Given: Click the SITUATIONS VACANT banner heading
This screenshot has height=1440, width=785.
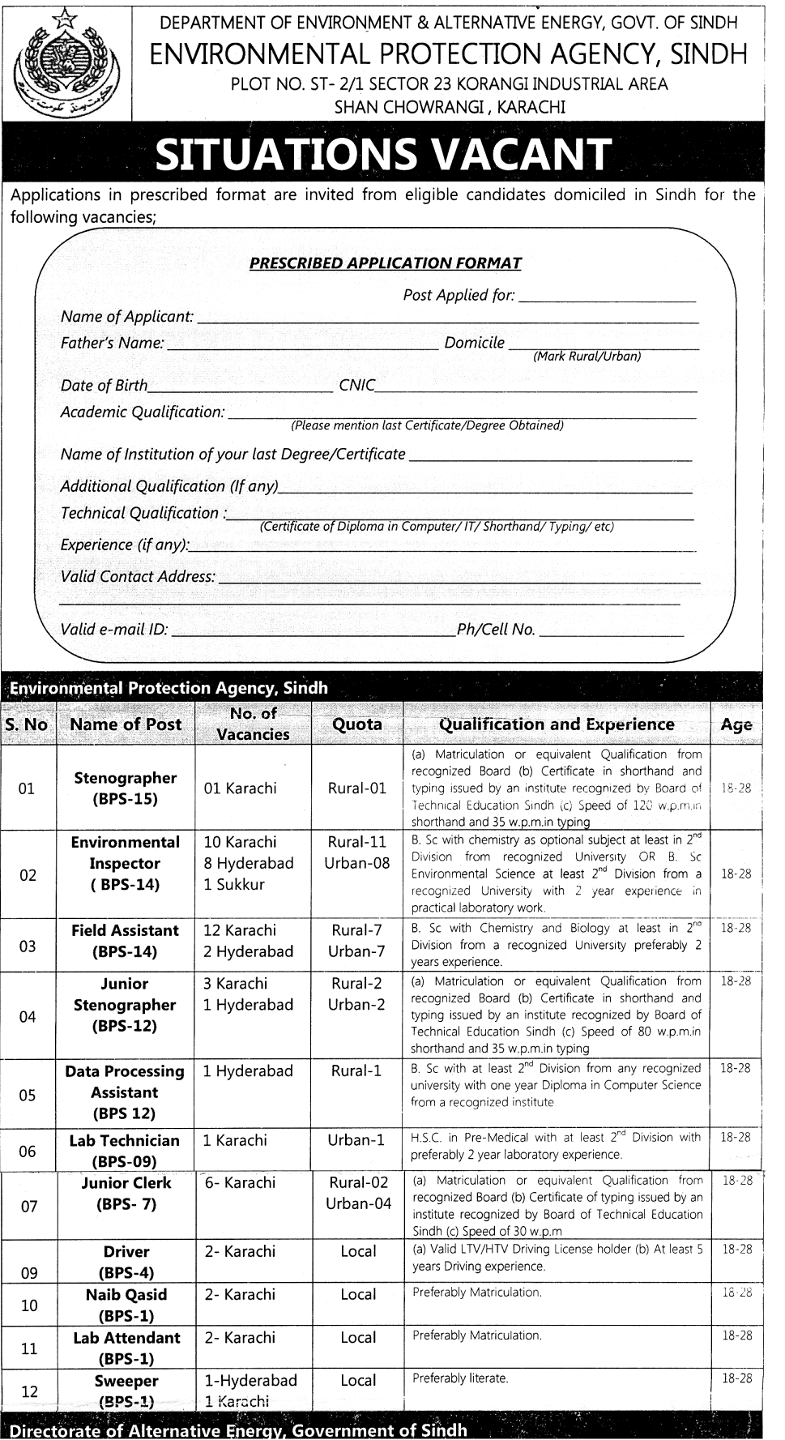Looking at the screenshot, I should (x=383, y=155).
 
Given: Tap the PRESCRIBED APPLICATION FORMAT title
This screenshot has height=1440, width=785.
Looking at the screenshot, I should (x=385, y=263).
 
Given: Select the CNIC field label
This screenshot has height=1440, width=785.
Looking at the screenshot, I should (x=356, y=386).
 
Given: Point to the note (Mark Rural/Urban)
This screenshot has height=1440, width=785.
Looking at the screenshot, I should (x=587, y=356).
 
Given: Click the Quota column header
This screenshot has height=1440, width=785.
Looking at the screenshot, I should (x=357, y=724).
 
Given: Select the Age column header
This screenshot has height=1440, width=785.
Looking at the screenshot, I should (x=736, y=725).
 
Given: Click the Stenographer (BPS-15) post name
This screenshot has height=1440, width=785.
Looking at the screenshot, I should (x=126, y=788).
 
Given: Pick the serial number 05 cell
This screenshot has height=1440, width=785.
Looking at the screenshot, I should (x=28, y=1096).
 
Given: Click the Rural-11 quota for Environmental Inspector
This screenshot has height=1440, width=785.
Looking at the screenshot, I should (x=357, y=842).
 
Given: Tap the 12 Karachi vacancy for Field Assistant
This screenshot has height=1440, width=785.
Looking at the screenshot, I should (x=240, y=930).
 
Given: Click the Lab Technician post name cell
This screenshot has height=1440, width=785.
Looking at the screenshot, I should (x=125, y=1151).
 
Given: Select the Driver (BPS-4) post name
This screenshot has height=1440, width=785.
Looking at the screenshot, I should (x=126, y=1262).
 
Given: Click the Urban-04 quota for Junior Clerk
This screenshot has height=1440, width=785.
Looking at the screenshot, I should (x=358, y=1203).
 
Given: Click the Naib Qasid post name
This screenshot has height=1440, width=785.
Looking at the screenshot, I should (x=126, y=1305).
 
